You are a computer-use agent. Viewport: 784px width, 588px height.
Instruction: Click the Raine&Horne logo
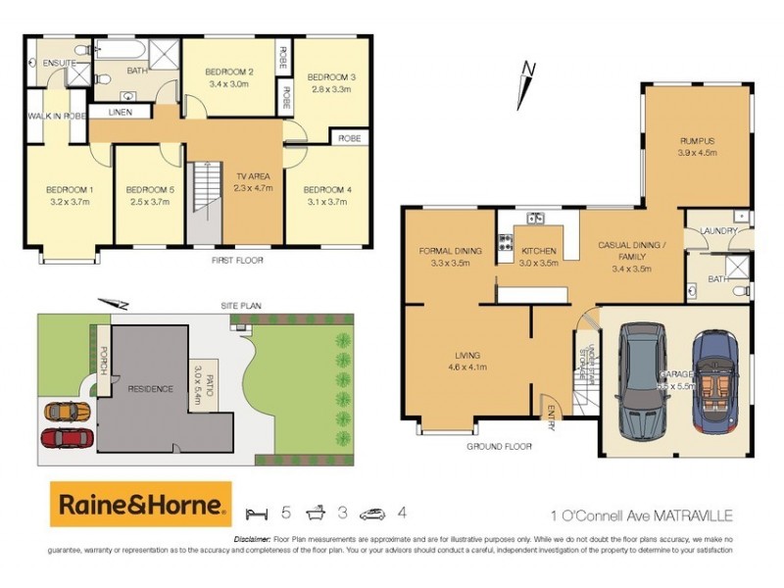click(141, 505)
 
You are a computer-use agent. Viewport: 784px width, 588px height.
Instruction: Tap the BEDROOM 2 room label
click(229, 73)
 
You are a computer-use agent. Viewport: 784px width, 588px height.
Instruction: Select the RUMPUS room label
click(697, 139)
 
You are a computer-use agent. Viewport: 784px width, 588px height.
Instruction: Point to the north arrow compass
click(527, 84)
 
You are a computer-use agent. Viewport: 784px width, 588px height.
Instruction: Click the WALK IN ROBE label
click(57, 116)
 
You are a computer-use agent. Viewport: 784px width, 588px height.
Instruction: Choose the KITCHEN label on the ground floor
click(539, 251)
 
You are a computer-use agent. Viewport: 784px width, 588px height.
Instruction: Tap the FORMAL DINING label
click(450, 251)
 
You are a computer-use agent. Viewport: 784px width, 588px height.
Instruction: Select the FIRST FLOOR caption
click(238, 261)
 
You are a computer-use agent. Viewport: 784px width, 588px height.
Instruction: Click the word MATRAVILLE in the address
click(693, 514)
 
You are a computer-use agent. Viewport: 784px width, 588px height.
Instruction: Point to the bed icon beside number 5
click(256, 513)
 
